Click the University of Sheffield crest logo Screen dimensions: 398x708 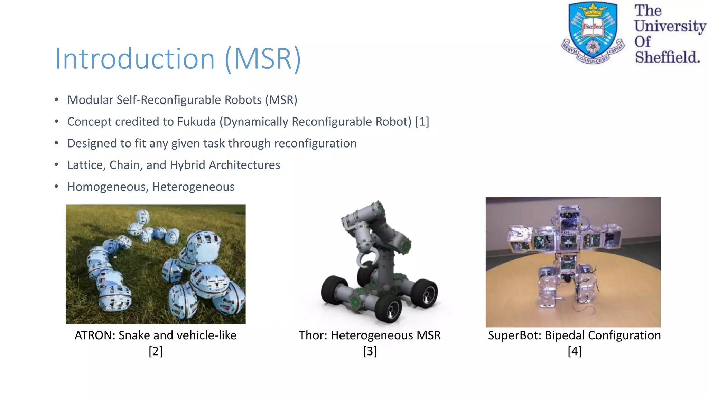(593, 33)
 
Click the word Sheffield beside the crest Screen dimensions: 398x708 (667, 57)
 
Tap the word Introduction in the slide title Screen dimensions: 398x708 (135, 59)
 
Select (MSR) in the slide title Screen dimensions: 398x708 (263, 59)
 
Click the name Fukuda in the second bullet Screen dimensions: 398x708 (196, 122)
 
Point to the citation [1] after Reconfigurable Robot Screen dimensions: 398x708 (422, 122)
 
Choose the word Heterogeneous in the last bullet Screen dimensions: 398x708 (193, 187)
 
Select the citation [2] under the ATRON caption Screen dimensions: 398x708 (156, 351)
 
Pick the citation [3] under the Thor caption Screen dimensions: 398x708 (370, 351)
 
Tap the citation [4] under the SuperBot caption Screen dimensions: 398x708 (575, 351)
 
